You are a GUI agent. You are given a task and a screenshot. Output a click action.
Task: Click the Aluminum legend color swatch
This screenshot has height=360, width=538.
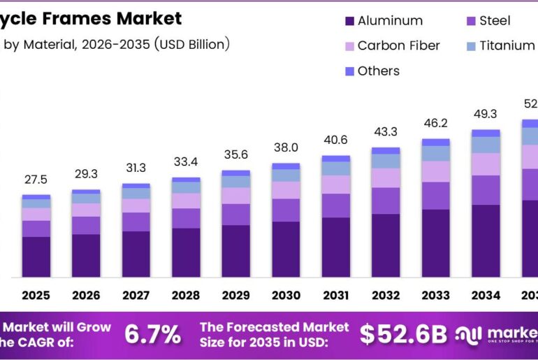tap(349, 21)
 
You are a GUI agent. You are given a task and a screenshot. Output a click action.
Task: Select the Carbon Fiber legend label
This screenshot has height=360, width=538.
tap(398, 45)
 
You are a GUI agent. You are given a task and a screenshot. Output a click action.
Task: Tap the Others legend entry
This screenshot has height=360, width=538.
tap(378, 71)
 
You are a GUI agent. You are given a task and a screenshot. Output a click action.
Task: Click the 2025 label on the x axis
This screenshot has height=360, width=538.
tap(36, 296)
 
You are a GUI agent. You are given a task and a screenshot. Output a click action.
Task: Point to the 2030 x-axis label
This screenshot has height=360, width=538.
tap(286, 296)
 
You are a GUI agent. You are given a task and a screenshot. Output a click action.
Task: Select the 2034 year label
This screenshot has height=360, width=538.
tap(486, 296)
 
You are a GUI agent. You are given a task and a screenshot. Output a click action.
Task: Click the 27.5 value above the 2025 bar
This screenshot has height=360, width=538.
tap(36, 180)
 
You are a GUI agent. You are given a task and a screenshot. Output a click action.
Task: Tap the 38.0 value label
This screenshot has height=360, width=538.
tap(286, 147)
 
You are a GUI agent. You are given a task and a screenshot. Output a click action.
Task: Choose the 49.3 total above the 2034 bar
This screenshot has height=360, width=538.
tap(486, 114)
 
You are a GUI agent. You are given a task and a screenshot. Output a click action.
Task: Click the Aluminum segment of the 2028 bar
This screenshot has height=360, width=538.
tap(186, 252)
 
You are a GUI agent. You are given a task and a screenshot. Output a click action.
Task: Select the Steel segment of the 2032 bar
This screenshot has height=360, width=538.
tap(386, 201)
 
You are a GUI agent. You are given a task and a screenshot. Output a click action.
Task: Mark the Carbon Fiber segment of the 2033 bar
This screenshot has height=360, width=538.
tap(436, 171)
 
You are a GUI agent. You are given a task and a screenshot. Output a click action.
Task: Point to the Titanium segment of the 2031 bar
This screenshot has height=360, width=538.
tap(336, 168)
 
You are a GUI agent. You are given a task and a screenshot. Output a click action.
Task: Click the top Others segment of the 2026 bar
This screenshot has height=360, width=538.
tap(86, 192)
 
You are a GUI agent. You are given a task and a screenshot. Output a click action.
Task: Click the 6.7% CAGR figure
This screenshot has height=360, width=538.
tap(152, 335)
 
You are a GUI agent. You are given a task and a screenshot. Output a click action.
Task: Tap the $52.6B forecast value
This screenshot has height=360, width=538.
tap(403, 335)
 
